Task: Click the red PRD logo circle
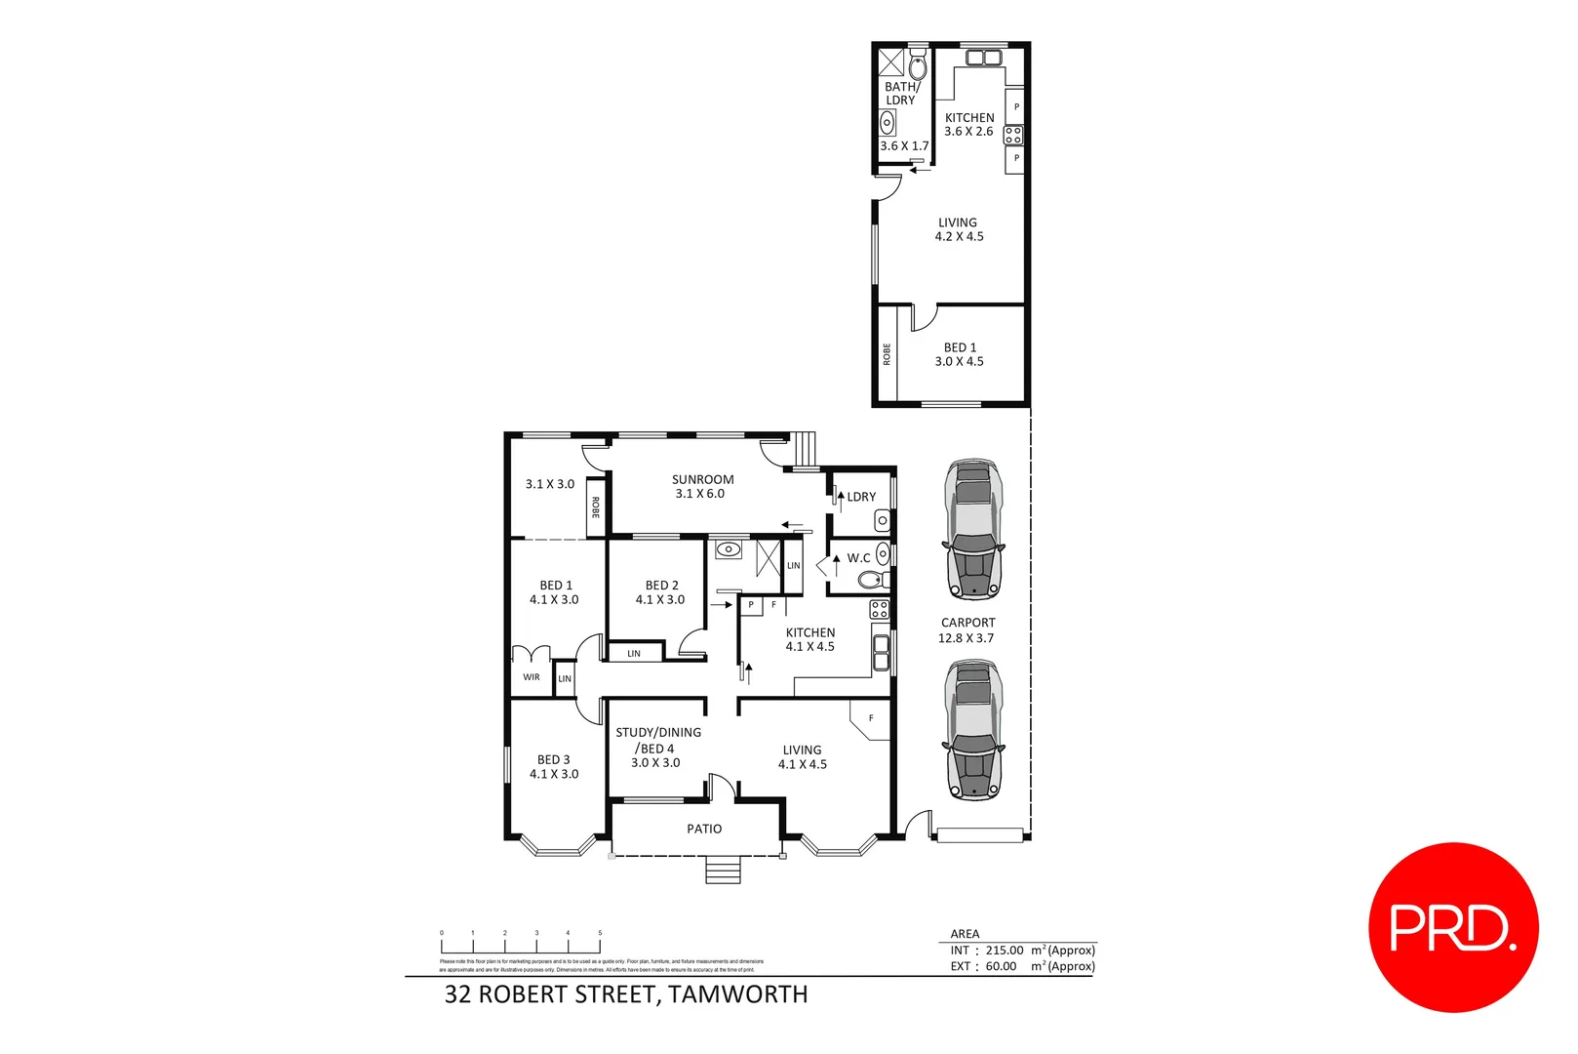pos(1452,927)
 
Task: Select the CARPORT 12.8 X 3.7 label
pos(967,630)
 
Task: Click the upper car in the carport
pos(972,528)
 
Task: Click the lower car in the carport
pos(972,731)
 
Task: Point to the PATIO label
pos(704,829)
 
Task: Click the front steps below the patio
pos(723,870)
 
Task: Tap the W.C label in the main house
pos(858,558)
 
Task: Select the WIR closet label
pos(532,677)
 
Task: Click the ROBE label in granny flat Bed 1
pos(887,354)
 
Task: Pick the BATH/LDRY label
pos(901,94)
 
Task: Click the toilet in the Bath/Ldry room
pos(918,66)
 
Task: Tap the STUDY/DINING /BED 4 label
pos(657,747)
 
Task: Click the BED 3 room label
pos(554,766)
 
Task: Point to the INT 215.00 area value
pos(1005,950)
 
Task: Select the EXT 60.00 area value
pos(1001,966)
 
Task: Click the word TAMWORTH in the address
pos(738,994)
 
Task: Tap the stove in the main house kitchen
pos(879,610)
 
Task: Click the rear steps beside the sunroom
pos(803,450)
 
